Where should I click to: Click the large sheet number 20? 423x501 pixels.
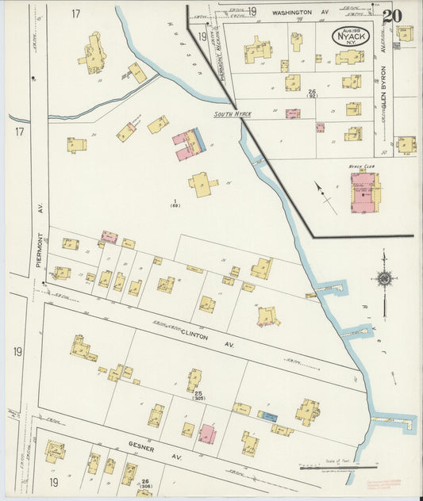tap(391, 15)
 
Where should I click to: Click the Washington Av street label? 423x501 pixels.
tap(300, 13)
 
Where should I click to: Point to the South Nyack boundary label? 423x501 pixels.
tap(233, 115)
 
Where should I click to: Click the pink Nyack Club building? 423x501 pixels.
tap(364, 193)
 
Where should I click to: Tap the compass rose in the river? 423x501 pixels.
tap(385, 278)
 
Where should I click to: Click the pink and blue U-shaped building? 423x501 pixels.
tap(190, 143)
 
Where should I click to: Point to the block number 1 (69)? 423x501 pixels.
tap(175, 202)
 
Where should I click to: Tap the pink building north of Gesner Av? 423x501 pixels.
tap(207, 434)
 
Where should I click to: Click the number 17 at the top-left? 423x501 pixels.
tap(76, 13)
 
